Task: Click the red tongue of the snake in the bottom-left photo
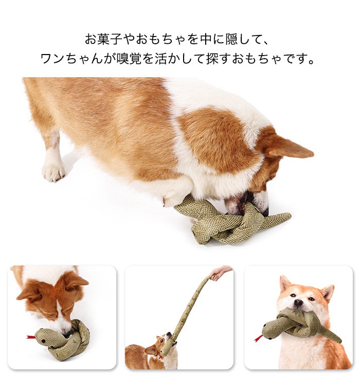tap(30, 338)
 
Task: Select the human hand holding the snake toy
tap(221, 272)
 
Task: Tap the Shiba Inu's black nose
tap(298, 304)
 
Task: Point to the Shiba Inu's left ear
tap(284, 283)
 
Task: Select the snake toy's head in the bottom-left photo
tap(44, 336)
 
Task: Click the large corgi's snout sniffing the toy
tap(252, 203)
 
